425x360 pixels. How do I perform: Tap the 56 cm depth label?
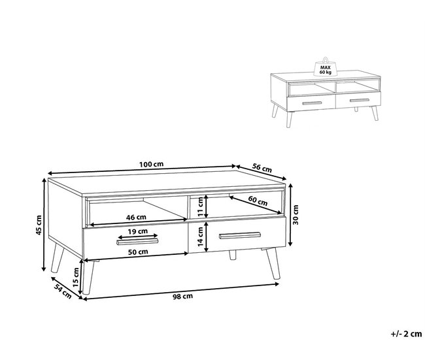click(x=262, y=167)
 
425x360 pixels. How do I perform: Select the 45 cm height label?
click(x=39, y=225)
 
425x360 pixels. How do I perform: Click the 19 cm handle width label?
click(x=137, y=232)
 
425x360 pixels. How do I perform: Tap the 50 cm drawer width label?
click(x=137, y=252)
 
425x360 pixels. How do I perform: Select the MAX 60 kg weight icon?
click(x=325, y=67)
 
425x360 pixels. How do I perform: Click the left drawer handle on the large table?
click(x=137, y=242)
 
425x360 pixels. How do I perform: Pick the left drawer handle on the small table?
click(x=310, y=103)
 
